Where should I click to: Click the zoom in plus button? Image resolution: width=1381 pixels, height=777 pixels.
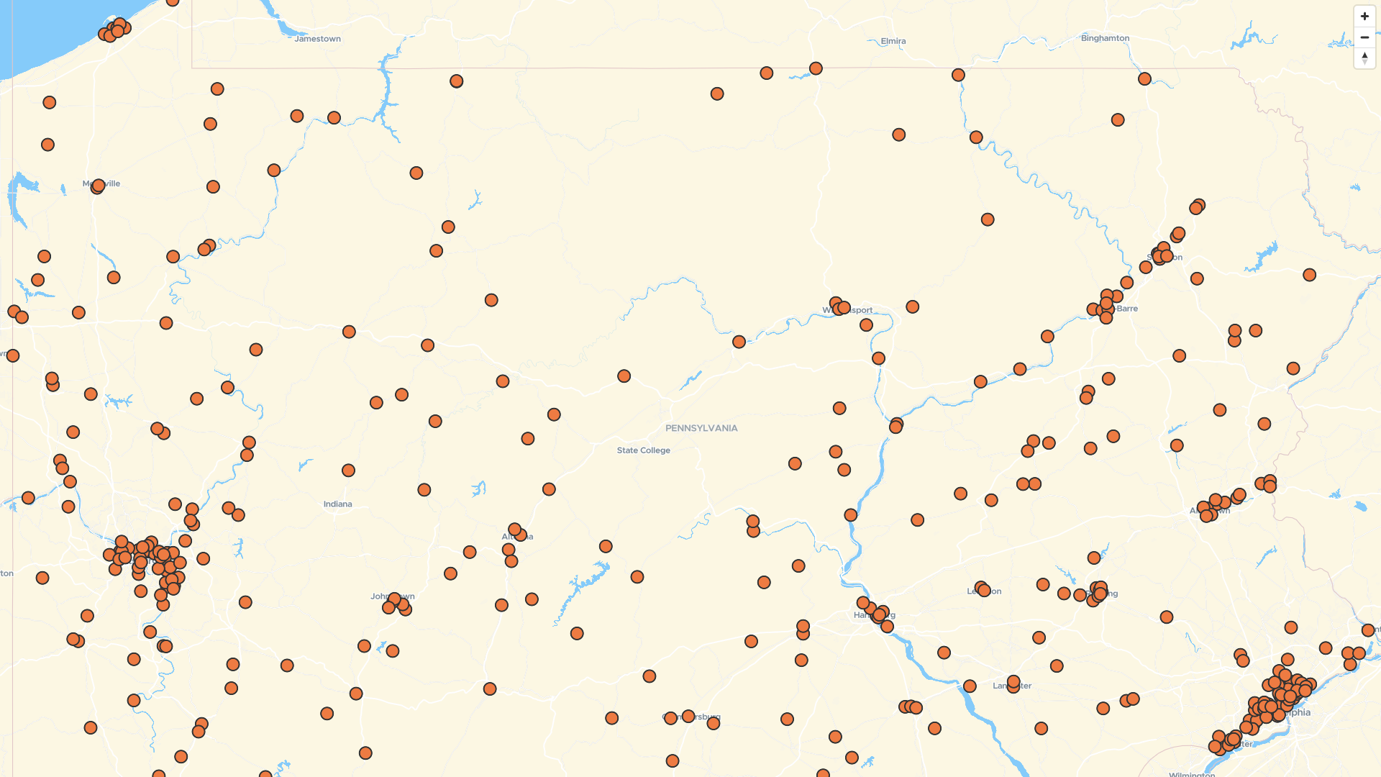click(1364, 17)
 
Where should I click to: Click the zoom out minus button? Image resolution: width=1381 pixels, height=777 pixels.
click(1364, 37)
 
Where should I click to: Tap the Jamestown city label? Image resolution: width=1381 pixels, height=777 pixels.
click(317, 39)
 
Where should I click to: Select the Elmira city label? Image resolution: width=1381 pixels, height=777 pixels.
click(893, 41)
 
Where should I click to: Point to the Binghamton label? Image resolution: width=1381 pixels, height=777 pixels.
click(1105, 38)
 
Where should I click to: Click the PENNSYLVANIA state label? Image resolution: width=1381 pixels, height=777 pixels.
click(701, 428)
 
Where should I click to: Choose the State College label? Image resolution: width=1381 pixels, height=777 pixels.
click(643, 450)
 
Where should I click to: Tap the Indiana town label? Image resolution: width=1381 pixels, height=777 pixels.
click(337, 504)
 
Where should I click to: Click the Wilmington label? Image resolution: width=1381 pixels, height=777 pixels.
click(1191, 774)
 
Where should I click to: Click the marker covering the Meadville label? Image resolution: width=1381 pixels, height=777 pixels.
click(98, 186)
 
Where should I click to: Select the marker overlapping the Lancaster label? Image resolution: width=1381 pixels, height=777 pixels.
click(1013, 682)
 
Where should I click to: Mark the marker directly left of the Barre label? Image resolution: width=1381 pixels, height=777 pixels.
click(1107, 308)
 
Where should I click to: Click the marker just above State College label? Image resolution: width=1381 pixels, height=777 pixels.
click(624, 376)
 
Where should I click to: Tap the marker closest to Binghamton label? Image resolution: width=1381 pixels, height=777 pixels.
click(1144, 78)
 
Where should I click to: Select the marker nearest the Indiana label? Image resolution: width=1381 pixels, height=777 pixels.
click(348, 471)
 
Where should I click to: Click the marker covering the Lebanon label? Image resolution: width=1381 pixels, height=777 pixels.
click(983, 589)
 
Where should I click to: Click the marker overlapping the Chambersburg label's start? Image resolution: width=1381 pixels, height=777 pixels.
click(670, 718)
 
